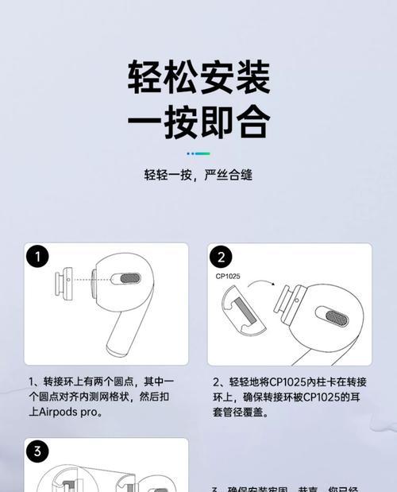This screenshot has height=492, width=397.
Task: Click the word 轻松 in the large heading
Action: point(163,78)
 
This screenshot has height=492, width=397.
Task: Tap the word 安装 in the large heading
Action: point(234,78)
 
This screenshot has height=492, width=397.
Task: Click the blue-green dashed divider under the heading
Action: point(198,153)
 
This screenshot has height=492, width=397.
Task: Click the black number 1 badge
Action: point(37,257)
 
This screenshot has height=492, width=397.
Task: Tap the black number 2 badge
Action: point(222,257)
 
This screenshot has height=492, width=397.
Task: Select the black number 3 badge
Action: point(37,451)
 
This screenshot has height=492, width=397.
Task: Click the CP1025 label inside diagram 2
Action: point(229,277)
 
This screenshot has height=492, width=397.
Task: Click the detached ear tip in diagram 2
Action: point(243,318)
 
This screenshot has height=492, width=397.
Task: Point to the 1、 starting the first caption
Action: point(34,382)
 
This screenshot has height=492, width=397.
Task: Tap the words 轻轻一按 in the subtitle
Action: point(168,174)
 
